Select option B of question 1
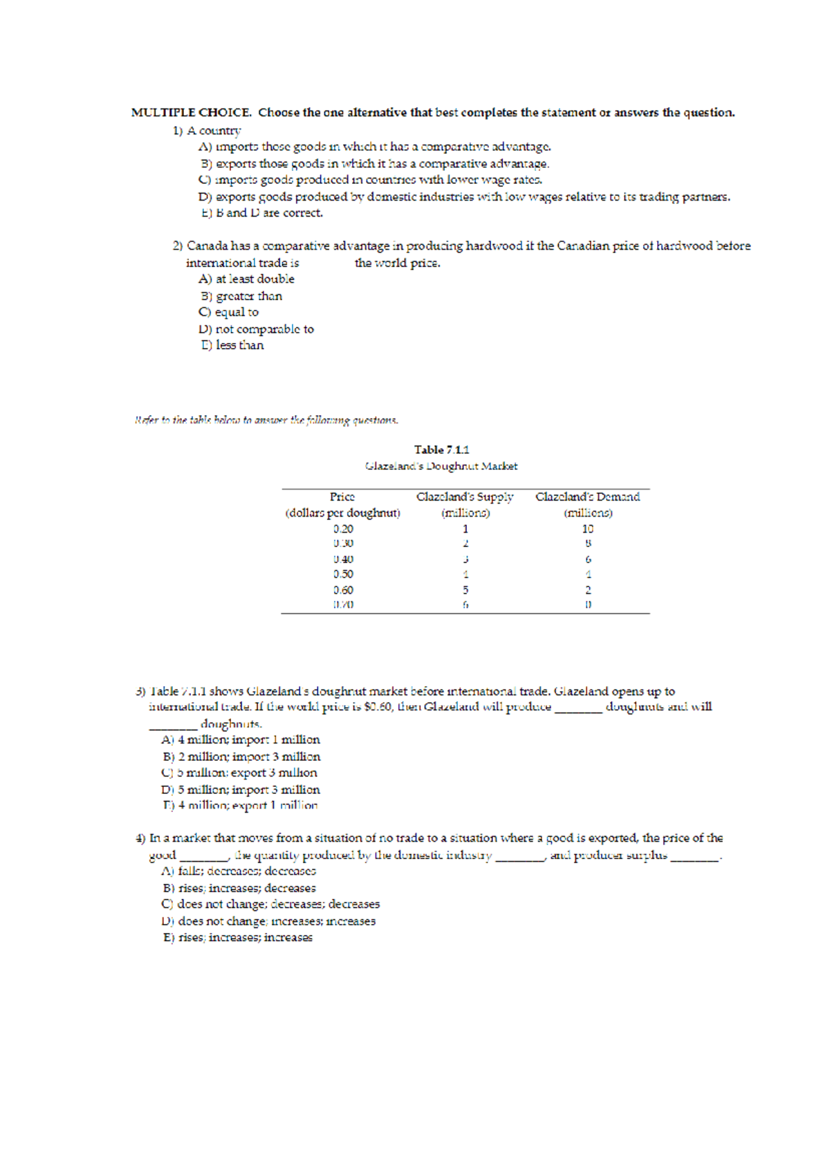click(x=375, y=164)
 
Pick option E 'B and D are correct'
click(x=262, y=213)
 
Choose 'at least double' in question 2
click(x=246, y=279)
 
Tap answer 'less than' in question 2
click(x=232, y=345)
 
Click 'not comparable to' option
click(x=256, y=329)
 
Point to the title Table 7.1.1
click(x=441, y=450)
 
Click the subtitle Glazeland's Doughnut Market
click(x=441, y=466)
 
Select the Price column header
click(x=342, y=497)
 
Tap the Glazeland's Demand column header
click(x=587, y=497)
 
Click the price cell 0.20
click(x=343, y=528)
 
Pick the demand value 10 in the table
click(x=587, y=528)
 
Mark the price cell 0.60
click(x=343, y=590)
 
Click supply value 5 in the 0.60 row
click(x=465, y=590)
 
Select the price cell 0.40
click(x=343, y=559)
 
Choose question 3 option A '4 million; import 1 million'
click(x=241, y=740)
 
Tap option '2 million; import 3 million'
click(x=241, y=757)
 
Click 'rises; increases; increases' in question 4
click(x=238, y=938)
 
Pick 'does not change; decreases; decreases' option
click(x=270, y=904)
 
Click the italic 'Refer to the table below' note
click(x=266, y=420)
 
